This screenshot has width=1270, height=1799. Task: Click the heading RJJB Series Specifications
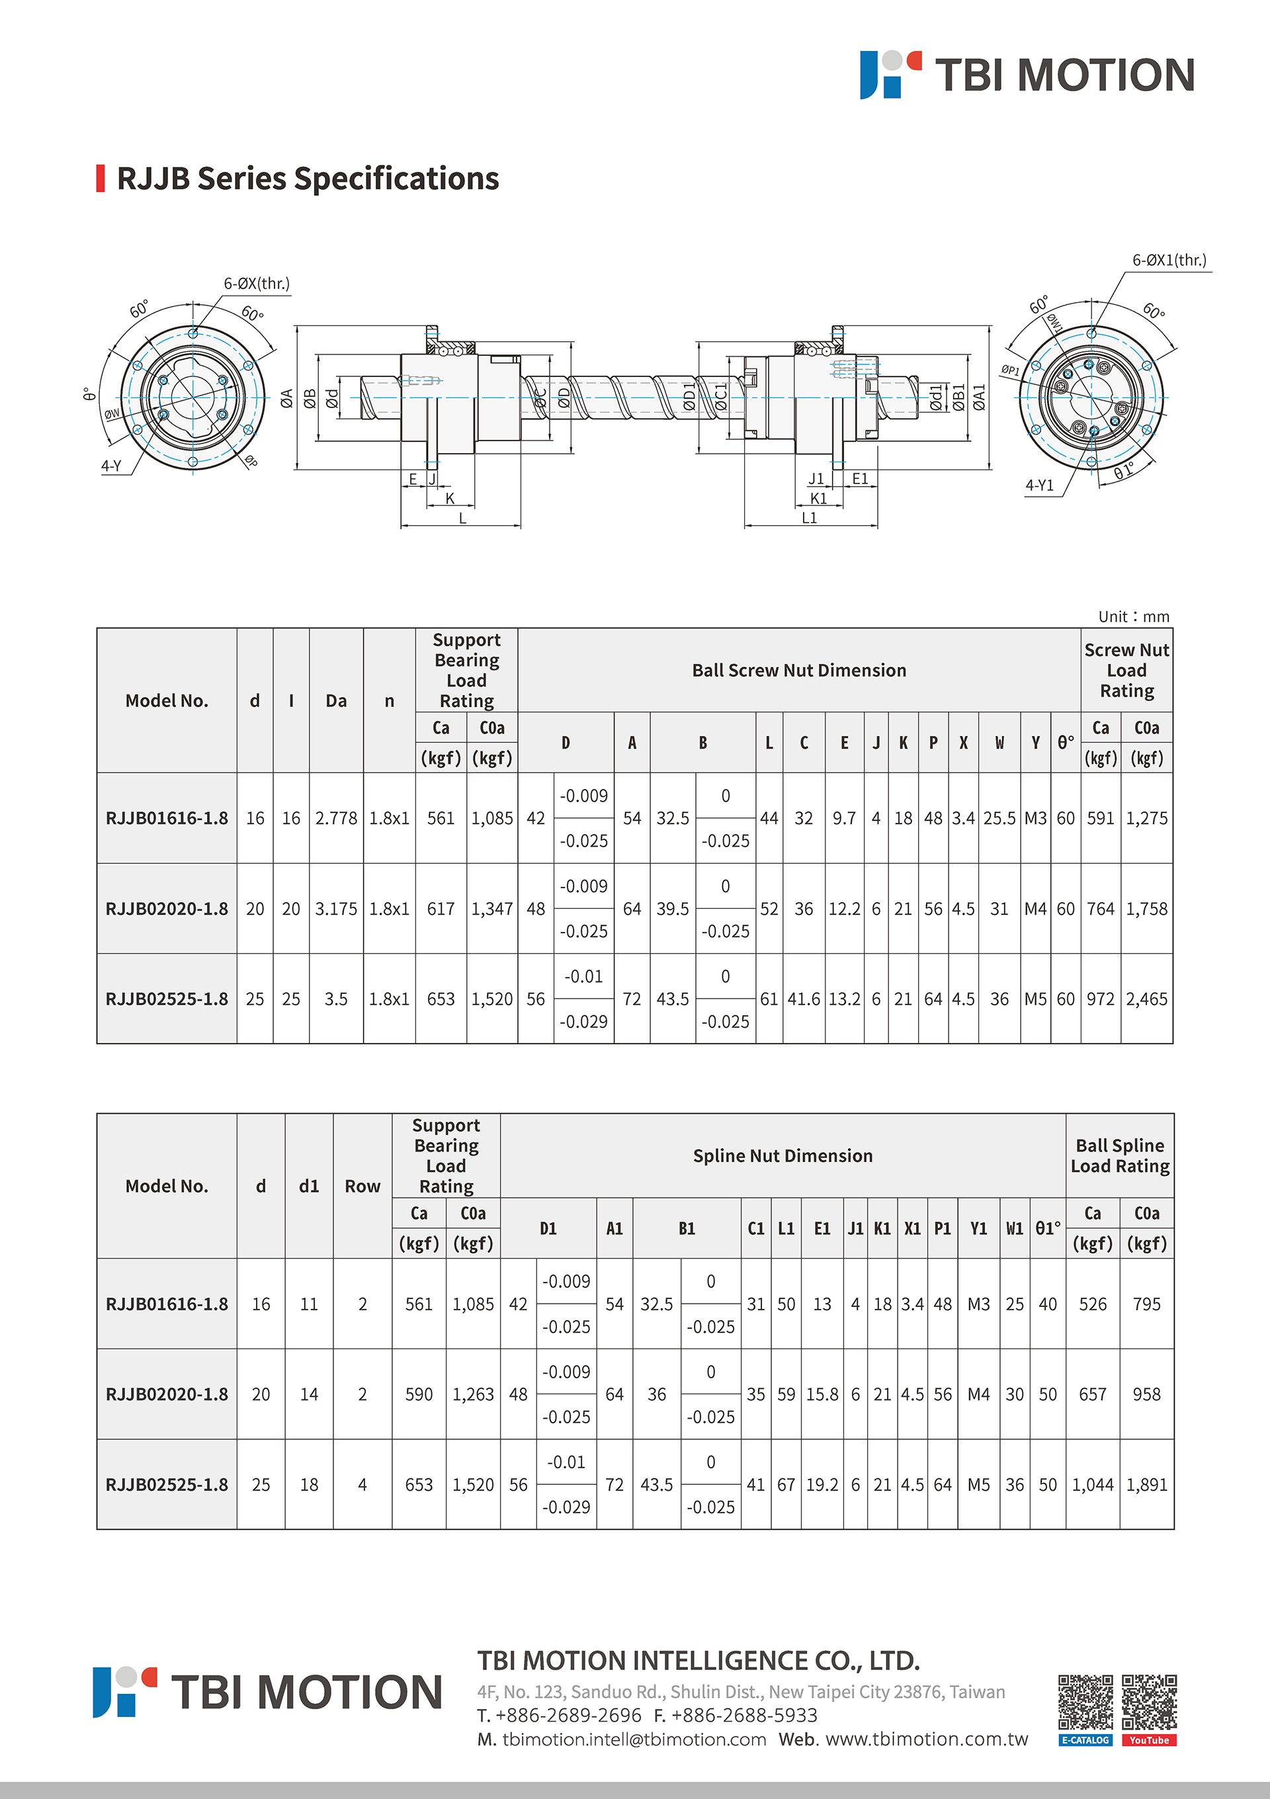pyautogui.click(x=307, y=179)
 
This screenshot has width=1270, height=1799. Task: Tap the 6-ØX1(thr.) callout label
pyautogui.click(x=1169, y=260)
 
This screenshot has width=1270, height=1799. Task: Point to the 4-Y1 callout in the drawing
pyautogui.click(x=1040, y=485)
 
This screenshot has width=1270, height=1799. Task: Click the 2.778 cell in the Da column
pyautogui.click(x=336, y=818)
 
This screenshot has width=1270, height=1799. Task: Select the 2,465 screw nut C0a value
pyautogui.click(x=1147, y=999)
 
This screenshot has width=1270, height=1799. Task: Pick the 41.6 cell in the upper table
pyautogui.click(x=804, y=999)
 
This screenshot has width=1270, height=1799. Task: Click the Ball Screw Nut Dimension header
pyautogui.click(x=799, y=671)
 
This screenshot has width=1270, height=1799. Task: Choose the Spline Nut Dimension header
pyautogui.click(x=783, y=1155)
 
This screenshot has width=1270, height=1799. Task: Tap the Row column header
pyautogui.click(x=362, y=1187)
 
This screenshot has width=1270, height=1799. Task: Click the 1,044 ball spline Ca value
pyautogui.click(x=1093, y=1485)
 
